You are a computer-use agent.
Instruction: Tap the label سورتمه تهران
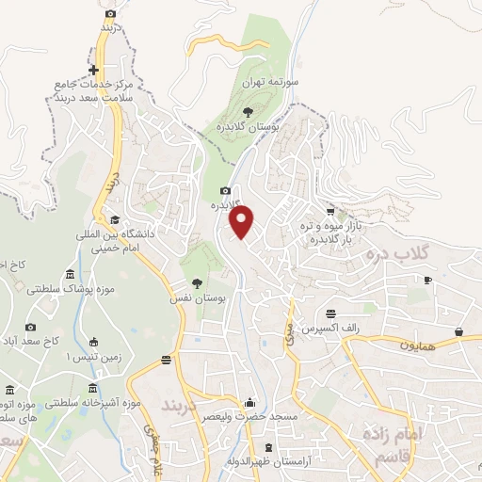265,83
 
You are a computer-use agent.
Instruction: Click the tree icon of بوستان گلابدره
248,112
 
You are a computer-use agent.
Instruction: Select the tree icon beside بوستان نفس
197,282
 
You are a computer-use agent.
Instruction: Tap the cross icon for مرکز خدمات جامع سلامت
93,70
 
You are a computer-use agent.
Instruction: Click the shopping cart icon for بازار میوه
329,212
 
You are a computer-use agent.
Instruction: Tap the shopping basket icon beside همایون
458,331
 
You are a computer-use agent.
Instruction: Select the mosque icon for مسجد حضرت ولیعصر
249,402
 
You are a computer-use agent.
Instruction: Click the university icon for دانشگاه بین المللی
114,218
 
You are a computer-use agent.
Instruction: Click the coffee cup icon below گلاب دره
427,280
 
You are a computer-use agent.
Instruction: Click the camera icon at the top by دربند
111,13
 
